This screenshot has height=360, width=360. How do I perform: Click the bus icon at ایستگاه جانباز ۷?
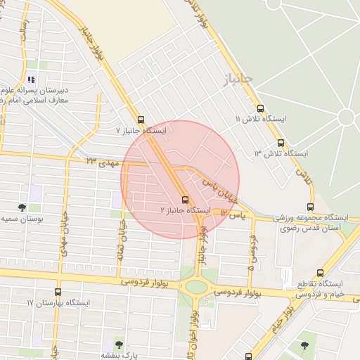click(x=141, y=120)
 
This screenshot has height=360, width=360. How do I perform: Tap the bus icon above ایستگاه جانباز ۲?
click(x=185, y=199)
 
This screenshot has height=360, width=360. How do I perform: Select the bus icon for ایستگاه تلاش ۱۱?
click(x=261, y=109)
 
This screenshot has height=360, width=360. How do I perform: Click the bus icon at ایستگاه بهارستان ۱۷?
click(x=58, y=292)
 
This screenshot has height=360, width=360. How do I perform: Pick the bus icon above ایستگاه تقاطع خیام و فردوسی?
click(x=321, y=274)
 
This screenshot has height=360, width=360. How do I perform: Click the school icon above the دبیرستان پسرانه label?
click(x=30, y=79)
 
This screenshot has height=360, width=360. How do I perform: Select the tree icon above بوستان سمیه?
click(x=22, y=207)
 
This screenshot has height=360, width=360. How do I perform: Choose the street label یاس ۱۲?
click(x=233, y=213)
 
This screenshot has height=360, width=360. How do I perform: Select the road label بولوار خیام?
click(x=279, y=316)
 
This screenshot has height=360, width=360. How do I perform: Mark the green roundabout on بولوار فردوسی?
click(x=197, y=286)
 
